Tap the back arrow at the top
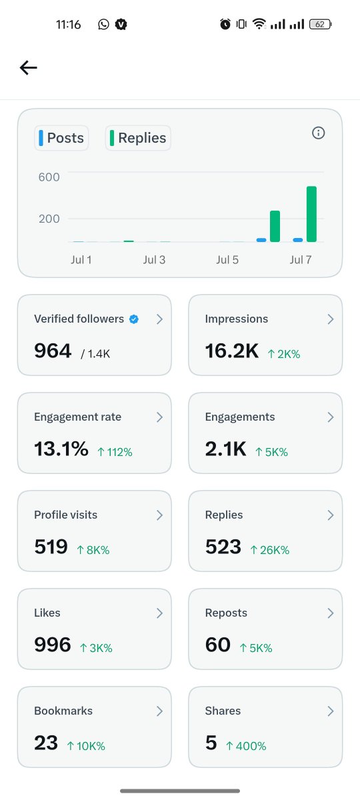[29, 67]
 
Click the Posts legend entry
[61, 138]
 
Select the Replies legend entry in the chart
[138, 138]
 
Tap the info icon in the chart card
[318, 133]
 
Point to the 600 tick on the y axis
[49, 177]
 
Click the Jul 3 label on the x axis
[154, 259]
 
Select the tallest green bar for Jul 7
[311, 214]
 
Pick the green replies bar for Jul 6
[275, 227]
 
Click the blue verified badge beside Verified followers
[134, 319]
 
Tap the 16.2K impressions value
[232, 351]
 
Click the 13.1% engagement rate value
[61, 449]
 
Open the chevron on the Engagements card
[331, 417]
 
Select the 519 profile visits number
[51, 547]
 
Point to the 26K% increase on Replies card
[270, 550]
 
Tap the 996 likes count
[53, 645]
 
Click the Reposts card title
[226, 613]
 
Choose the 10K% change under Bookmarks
[86, 746]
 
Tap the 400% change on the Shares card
[246, 746]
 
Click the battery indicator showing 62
[321, 24]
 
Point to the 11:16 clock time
[68, 24]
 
